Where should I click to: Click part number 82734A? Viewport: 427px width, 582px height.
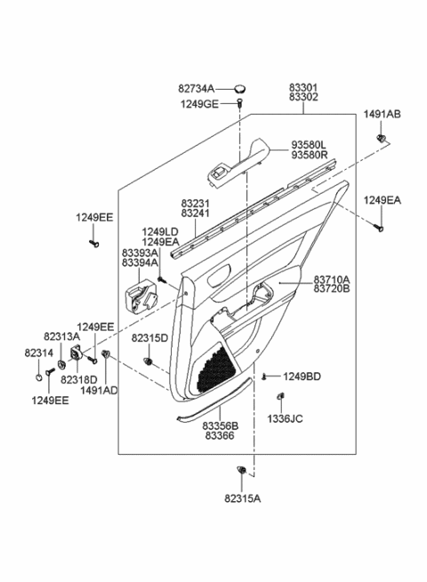click(197, 89)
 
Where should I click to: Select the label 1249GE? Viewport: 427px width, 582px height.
click(197, 103)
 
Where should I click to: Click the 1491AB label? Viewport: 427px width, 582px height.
click(382, 114)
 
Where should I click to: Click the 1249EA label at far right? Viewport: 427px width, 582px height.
click(382, 201)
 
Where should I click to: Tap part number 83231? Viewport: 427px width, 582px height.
click(196, 203)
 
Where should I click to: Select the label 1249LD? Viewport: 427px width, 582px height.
click(160, 230)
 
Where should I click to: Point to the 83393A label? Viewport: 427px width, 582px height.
click(141, 251)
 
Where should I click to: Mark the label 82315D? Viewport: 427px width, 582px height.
click(149, 339)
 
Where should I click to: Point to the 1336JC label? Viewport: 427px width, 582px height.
click(285, 418)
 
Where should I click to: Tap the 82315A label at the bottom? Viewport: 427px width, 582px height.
click(242, 499)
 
